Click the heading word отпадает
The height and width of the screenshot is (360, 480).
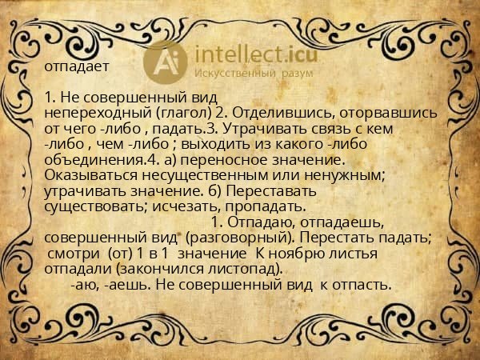pos(71,66)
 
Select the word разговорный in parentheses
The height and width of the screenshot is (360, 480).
pos(255,238)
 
